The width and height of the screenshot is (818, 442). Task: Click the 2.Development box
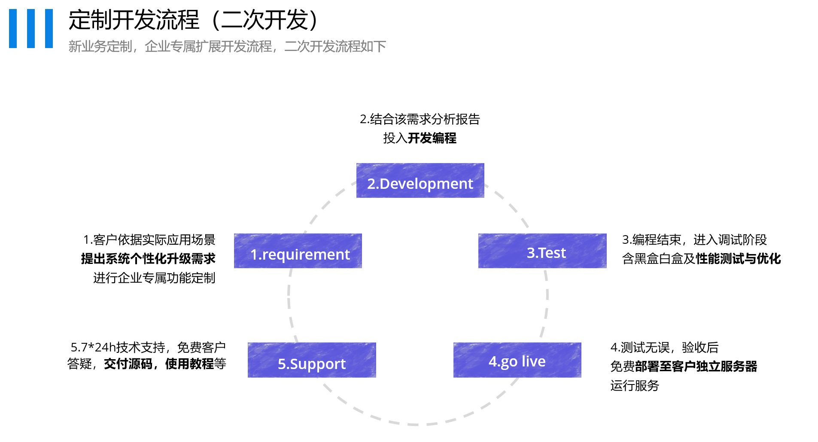tap(420, 180)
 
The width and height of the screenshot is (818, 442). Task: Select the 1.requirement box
tap(298, 251)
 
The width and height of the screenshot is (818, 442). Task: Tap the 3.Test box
tap(542, 251)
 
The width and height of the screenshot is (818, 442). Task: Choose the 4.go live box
tap(517, 360)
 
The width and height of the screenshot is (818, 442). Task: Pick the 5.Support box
tap(312, 360)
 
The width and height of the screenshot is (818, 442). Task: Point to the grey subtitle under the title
tap(227, 46)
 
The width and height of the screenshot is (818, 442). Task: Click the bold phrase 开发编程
tap(432, 138)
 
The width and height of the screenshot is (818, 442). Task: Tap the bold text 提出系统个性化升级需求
tap(148, 259)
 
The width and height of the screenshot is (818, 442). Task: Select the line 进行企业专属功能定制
tap(154, 278)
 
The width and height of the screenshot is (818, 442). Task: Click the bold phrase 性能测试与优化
tap(738, 259)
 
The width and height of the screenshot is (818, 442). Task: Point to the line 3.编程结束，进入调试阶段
tap(694, 239)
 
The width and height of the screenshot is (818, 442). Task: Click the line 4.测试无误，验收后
tap(664, 347)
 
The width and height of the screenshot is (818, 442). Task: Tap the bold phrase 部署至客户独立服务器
tap(696, 366)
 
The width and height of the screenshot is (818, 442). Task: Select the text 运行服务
tap(635, 386)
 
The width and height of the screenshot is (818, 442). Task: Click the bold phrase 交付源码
tap(128, 364)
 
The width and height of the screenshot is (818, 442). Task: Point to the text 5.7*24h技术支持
tap(118, 347)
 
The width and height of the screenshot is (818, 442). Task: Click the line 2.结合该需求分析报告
tap(420, 119)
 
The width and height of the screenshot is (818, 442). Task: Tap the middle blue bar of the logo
tap(31, 28)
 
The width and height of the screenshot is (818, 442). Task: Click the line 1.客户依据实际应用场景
tap(149, 239)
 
